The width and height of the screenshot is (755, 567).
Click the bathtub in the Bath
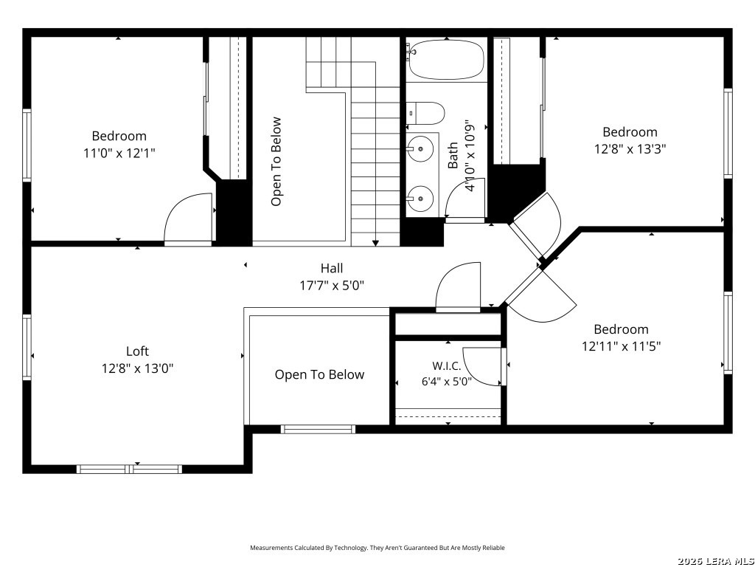click(445, 59)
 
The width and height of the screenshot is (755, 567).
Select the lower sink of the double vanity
click(420, 198)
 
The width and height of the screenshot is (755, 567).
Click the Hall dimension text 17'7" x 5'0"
click(332, 286)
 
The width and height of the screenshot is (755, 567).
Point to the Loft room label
click(137, 351)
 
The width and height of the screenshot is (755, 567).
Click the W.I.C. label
click(446, 366)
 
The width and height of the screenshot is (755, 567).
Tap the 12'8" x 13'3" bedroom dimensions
click(630, 149)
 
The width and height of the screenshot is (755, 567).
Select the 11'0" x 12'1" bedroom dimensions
click(119, 154)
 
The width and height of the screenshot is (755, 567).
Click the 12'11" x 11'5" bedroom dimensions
click(621, 346)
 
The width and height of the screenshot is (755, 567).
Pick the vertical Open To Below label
click(276, 162)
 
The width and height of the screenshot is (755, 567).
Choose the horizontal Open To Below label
click(319, 374)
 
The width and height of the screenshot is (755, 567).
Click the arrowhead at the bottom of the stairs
click(375, 243)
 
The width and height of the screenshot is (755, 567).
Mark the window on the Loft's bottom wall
click(129, 469)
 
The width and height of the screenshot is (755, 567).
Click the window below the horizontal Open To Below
click(318, 429)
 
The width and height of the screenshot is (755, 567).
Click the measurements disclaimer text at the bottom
click(377, 548)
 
